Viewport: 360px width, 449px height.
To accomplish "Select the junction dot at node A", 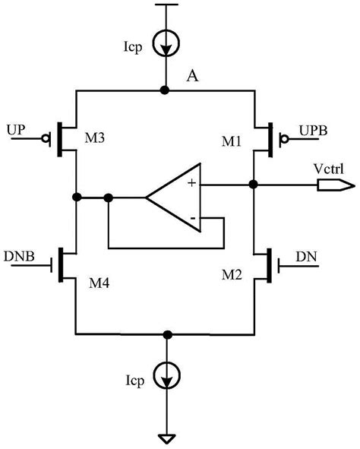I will click(165, 90).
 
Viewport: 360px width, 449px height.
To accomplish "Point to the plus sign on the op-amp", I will click(191, 182).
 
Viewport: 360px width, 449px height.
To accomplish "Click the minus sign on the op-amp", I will click(193, 220).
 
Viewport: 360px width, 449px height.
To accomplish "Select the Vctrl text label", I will click(327, 167).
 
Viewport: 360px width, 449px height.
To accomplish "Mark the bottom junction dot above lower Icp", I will click(165, 334).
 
